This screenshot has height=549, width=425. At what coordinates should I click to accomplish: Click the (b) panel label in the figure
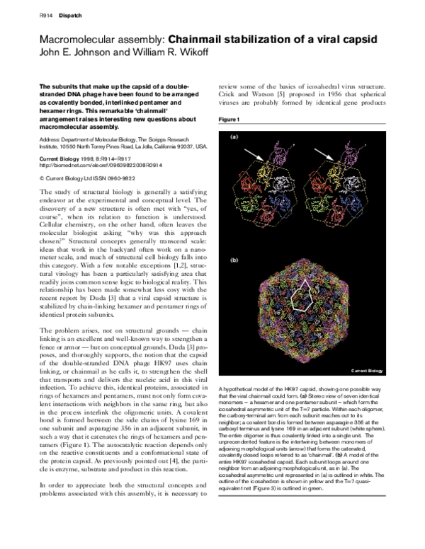click(232, 260)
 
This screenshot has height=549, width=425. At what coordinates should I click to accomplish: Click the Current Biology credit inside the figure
click(370, 370)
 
